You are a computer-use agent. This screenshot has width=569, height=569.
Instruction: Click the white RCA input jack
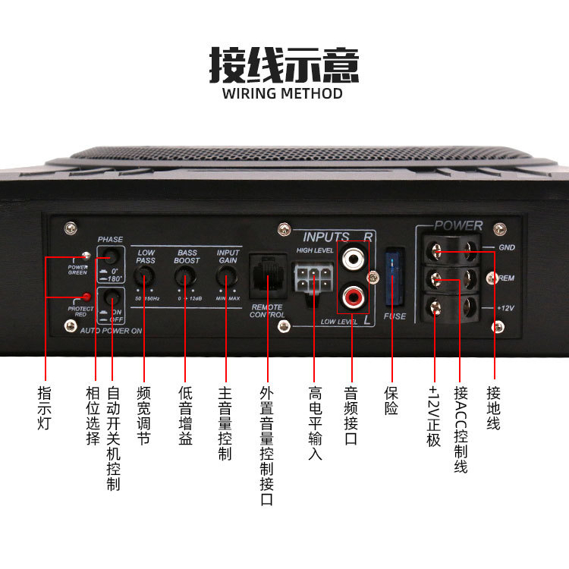tap(353, 259)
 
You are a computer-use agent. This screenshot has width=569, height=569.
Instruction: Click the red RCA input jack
tap(353, 293)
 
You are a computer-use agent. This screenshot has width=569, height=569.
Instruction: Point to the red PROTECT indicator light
tap(87, 297)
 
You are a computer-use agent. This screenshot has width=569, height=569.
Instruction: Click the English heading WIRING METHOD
tap(283, 94)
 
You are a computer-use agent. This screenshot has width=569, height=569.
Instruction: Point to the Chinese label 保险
tap(391, 401)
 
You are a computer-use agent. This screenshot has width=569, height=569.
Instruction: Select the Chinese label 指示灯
tap(44, 410)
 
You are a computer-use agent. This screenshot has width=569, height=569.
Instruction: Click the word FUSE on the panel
tap(395, 316)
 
